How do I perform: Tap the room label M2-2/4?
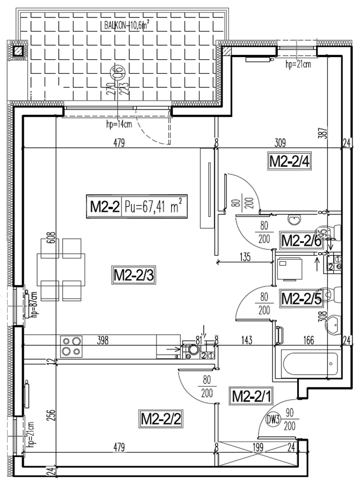coord(289,162)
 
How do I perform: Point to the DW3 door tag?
coord(274,419)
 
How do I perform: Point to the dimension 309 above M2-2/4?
coord(280,142)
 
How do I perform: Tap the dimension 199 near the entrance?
coord(258,448)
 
